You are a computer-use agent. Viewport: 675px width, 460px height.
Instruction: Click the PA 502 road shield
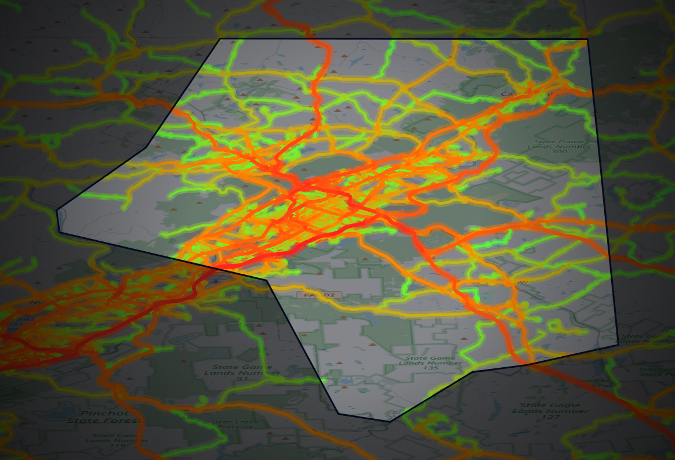[316, 295]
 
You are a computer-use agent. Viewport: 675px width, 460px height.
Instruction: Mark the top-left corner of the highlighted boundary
[220, 39]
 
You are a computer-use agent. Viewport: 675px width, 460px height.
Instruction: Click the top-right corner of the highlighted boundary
[587, 39]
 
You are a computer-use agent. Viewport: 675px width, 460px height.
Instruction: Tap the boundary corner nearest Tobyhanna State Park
[618, 343]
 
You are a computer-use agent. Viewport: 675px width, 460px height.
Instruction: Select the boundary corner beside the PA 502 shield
[267, 280]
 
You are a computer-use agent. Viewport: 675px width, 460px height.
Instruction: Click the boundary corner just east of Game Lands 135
[471, 371]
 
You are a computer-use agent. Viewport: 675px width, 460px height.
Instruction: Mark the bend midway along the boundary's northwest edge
[145, 148]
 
